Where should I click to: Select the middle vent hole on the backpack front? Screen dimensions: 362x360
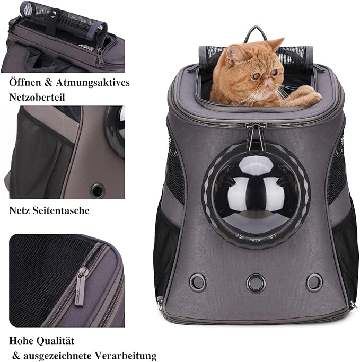tap(255, 279)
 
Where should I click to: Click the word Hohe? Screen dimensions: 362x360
tap(21, 341)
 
